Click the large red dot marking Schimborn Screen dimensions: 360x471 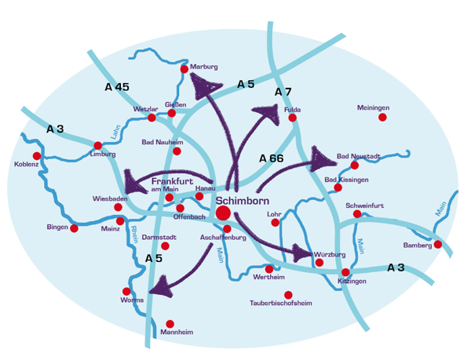(223, 212)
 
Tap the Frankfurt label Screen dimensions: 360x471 (172, 180)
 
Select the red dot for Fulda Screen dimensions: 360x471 (292, 118)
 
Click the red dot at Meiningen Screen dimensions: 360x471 (382, 117)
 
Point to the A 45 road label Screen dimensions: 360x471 (116, 87)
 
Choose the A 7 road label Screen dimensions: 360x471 (283, 92)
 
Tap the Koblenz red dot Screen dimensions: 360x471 (36, 156)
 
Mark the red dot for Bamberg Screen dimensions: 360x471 (438, 245)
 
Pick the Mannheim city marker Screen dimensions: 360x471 (170, 323)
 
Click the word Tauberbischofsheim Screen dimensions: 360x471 (281, 304)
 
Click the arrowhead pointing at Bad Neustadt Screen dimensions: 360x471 (322, 159)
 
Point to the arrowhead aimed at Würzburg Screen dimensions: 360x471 (301, 253)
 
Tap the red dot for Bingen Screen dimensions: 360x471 (75, 228)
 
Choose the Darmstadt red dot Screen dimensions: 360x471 (165, 245)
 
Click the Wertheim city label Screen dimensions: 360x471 (269, 278)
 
